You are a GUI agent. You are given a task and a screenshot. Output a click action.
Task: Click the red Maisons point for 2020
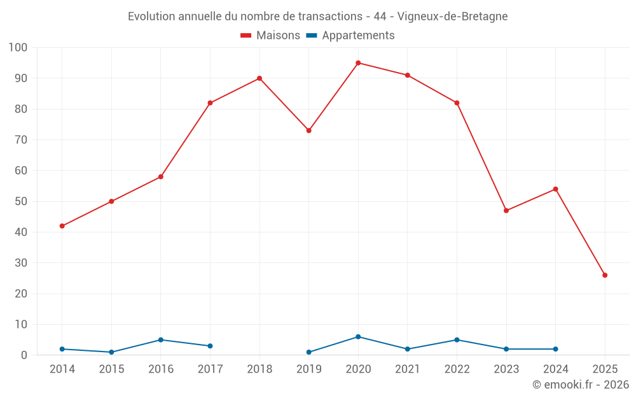(358, 63)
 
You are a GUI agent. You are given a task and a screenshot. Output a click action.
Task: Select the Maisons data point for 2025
(605, 275)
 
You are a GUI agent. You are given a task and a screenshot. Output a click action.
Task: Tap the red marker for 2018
(259, 78)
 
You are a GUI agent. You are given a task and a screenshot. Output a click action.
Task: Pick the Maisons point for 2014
(62, 226)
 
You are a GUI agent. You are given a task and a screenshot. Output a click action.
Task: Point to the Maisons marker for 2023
(506, 211)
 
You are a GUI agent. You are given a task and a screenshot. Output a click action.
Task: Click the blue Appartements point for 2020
(358, 337)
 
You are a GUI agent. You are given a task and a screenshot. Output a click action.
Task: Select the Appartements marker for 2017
(210, 346)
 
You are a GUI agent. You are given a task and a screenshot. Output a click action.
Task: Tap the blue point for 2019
(308, 352)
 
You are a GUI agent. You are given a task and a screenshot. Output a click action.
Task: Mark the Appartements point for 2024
(555, 349)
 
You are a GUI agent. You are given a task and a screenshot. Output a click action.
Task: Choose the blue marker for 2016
(161, 340)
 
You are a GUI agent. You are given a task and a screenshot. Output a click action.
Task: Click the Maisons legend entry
(270, 36)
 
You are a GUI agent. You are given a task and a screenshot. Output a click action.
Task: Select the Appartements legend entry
(350, 36)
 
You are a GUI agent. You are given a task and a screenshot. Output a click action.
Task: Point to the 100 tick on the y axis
(18, 48)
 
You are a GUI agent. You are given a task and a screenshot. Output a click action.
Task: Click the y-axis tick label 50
(21, 201)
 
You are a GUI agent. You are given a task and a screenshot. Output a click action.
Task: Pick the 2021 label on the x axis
(408, 369)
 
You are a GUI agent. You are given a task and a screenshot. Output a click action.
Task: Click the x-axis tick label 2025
(605, 369)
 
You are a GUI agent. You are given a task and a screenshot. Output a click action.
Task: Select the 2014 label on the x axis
(62, 369)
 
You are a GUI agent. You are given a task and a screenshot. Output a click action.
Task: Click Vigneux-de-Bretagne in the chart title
(452, 17)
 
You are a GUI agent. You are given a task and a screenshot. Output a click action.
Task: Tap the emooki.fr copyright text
(581, 385)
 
